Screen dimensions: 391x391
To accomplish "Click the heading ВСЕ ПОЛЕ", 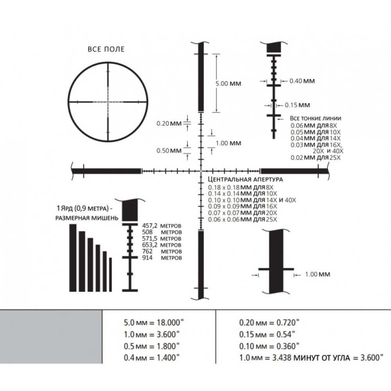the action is pos(106,49).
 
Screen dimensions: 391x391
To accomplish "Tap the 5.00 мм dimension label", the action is pos(228,84).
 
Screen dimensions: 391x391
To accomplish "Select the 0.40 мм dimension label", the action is pos(302,81).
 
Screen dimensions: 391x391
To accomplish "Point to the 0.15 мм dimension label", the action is pos(297,105).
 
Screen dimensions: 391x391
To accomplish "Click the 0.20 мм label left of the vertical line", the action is pos(169,124).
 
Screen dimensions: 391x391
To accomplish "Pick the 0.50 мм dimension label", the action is pos(169,151).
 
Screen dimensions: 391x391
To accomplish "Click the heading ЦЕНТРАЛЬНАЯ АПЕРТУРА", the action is pos(246,179).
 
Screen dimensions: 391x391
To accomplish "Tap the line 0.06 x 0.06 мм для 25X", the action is pos(243,219).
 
